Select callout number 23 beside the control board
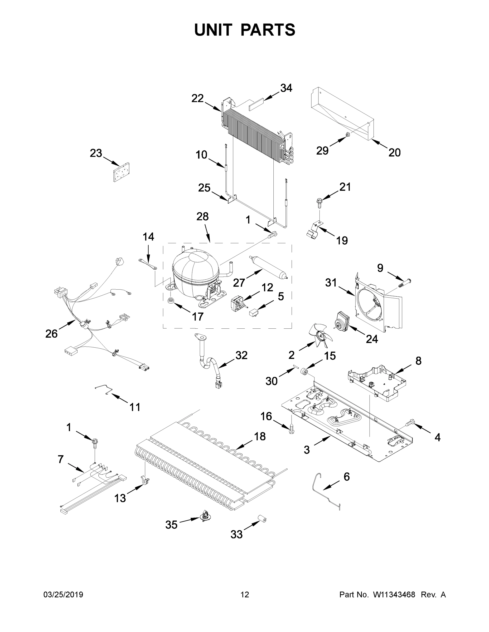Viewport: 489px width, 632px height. point(96,153)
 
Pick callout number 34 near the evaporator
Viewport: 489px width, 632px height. point(286,88)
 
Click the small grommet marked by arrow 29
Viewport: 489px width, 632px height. point(348,134)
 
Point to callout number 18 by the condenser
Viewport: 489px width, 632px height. point(260,436)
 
